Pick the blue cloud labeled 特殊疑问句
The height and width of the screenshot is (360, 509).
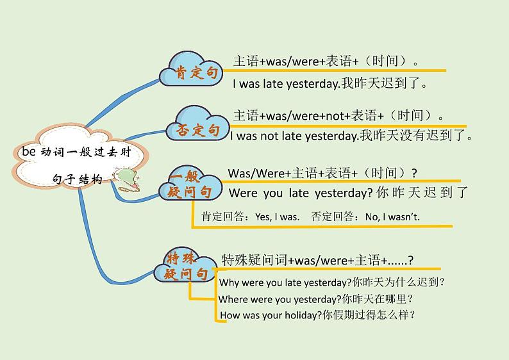185,265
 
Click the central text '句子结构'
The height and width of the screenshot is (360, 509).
78,180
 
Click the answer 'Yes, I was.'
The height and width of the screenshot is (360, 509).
277,217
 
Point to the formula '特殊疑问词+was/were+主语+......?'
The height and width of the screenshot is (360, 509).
317,260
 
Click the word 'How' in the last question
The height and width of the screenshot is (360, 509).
230,315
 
